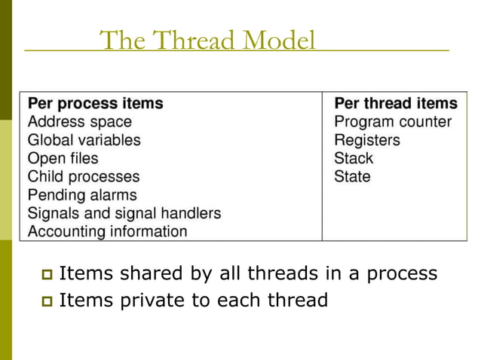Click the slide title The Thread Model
point(207,40)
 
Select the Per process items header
point(95,103)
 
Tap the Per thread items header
point(395,103)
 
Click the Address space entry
point(79,121)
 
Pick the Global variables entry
point(84,140)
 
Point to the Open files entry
point(63,158)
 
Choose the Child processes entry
point(84,177)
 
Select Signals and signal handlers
point(124,213)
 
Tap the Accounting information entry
point(107,231)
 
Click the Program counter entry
point(393,121)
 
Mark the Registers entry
point(367,140)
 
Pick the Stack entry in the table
point(354,158)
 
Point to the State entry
point(352,177)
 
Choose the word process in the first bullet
point(402,273)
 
